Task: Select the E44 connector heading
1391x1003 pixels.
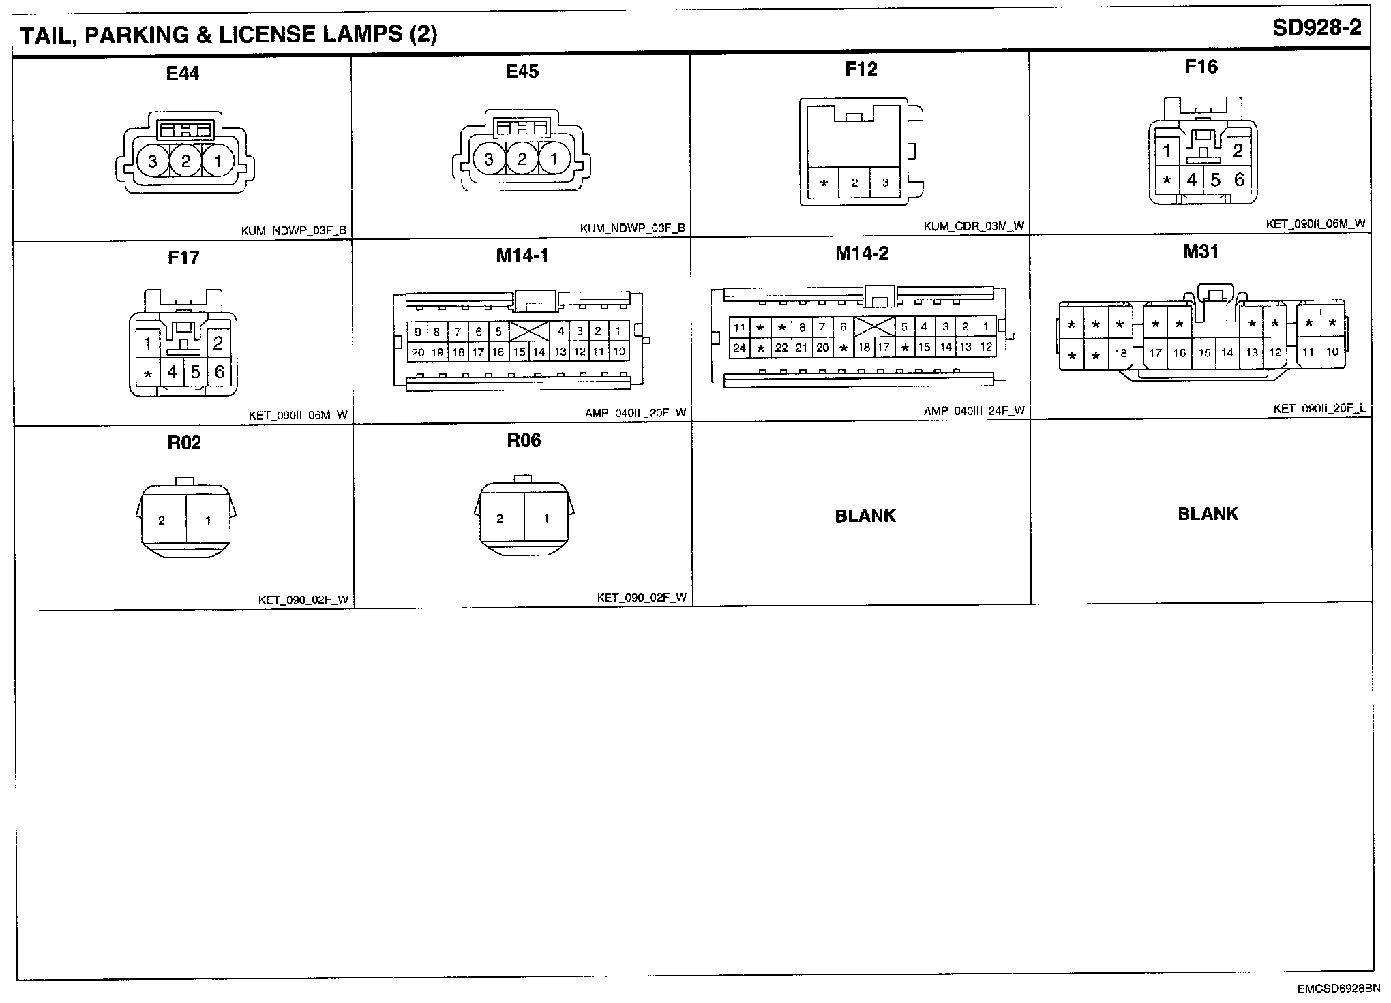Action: click(183, 73)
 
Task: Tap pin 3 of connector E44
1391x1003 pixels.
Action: click(152, 161)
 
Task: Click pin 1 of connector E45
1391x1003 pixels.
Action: click(554, 159)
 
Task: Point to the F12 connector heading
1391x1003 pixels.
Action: click(861, 69)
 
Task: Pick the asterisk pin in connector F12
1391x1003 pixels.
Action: click(824, 183)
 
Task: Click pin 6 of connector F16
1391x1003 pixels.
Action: click(1239, 179)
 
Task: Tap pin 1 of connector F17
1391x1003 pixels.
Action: click(147, 343)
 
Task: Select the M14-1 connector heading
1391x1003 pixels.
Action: click(522, 256)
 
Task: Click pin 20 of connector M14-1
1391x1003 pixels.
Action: click(417, 352)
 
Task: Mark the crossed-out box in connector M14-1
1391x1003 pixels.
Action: click(529, 332)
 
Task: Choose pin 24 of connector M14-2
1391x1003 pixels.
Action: click(739, 348)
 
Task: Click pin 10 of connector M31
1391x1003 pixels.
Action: click(1332, 352)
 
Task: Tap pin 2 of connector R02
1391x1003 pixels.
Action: click(162, 521)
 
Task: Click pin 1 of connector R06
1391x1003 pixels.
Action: click(546, 519)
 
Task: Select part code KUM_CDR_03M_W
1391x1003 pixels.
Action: click(974, 226)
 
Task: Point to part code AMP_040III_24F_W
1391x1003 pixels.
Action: click(974, 411)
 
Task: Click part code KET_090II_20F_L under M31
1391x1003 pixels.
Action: click(1319, 409)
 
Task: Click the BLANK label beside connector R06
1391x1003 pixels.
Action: click(865, 516)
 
